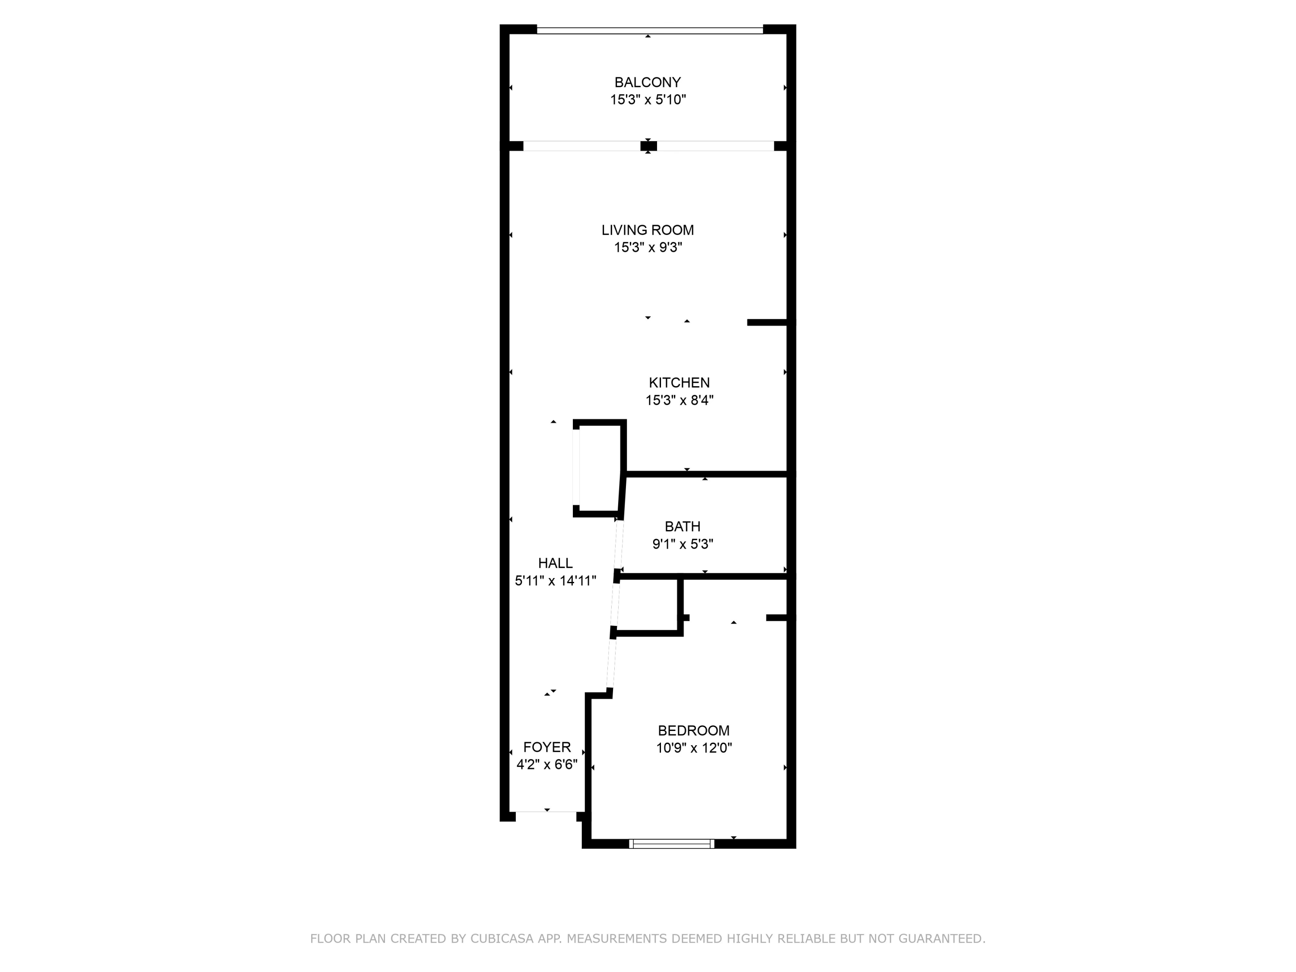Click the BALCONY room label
click(x=648, y=83)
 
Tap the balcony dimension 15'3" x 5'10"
click(x=648, y=100)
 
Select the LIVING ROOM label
click(x=648, y=230)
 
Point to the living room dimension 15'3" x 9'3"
click(x=648, y=247)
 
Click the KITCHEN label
click(x=679, y=383)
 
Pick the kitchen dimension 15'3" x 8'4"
click(x=679, y=400)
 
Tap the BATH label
click(x=683, y=526)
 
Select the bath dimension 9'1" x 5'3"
click(x=683, y=544)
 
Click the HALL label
click(x=555, y=563)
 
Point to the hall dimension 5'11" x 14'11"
click(x=555, y=581)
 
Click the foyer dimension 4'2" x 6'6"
click(x=546, y=765)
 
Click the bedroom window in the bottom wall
click(x=671, y=844)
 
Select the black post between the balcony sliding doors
click(x=648, y=146)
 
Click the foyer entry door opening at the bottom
click(x=546, y=812)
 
